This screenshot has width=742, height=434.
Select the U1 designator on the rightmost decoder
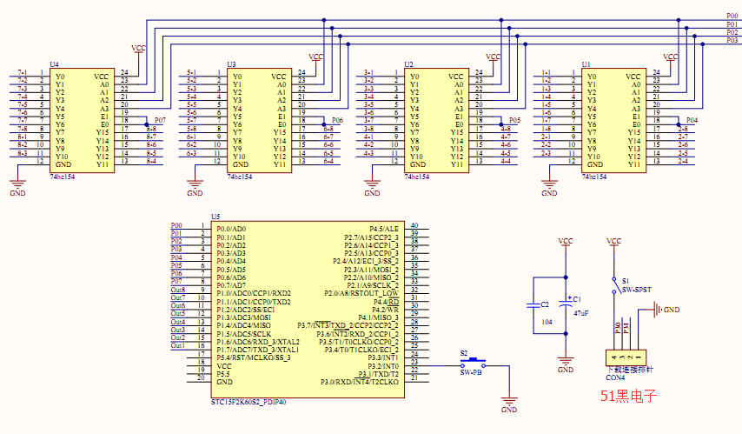[x=586, y=64]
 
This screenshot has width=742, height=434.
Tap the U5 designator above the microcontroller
[x=215, y=217]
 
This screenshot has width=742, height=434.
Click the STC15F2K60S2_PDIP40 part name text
[x=248, y=403]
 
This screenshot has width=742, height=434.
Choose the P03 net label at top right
[x=732, y=40]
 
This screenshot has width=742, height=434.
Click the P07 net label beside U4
[x=159, y=119]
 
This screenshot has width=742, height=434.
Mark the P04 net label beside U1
[x=692, y=119]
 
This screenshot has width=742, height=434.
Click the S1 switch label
[x=626, y=280]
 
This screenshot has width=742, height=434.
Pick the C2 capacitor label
[x=545, y=304]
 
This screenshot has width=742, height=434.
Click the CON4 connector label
[x=615, y=377]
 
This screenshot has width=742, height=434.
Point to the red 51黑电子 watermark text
[x=628, y=396]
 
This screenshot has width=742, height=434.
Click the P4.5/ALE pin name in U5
[x=385, y=228]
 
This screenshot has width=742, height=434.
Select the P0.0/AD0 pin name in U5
[x=232, y=228]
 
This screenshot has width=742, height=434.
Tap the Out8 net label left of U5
[x=178, y=290]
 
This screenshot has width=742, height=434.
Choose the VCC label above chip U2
[x=493, y=57]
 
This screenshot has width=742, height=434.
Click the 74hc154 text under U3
[x=239, y=176]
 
